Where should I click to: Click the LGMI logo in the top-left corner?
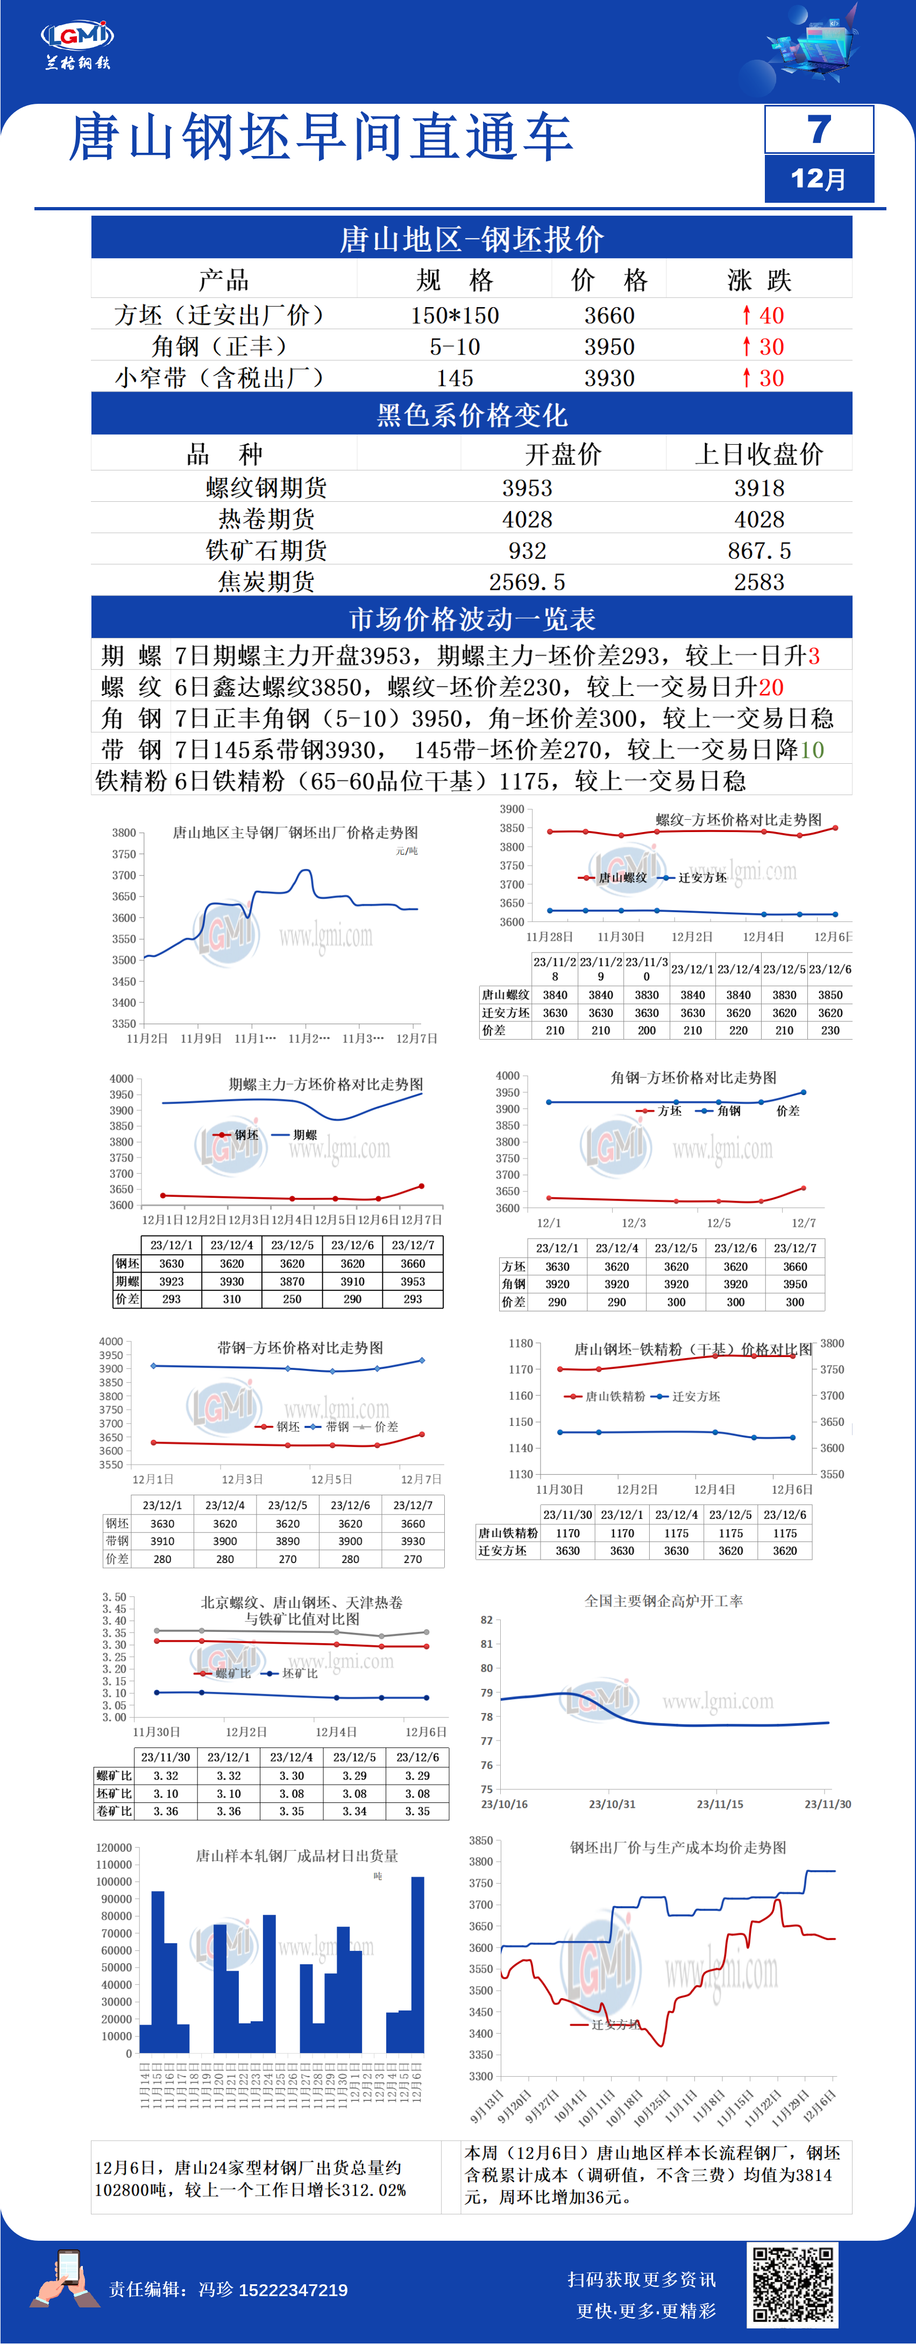pos(77,37)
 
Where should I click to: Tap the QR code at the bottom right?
pos(791,2284)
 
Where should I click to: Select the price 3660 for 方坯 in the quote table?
pos(609,316)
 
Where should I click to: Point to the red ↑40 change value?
pos(762,316)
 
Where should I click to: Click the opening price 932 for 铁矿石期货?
pos(528,551)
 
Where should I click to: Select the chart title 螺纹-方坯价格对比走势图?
pos(738,819)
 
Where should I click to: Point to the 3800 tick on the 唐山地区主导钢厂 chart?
pos(124,833)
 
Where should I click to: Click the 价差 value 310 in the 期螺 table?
pos(232,1299)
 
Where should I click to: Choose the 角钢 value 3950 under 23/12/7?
pos(795,1284)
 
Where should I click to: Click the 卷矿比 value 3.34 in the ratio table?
pos(355,1811)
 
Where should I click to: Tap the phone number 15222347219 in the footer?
pos(293,2289)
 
